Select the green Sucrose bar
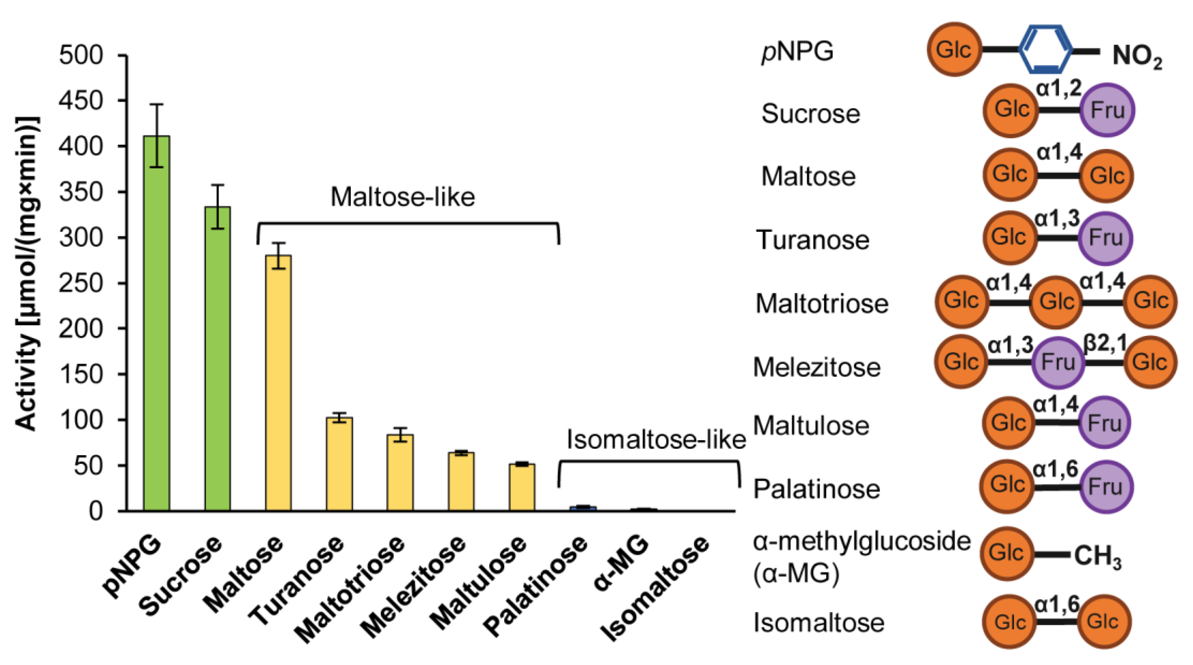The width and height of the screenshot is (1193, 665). click(x=217, y=358)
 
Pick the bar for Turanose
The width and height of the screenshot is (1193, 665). click(x=339, y=463)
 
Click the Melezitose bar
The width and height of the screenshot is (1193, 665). click(x=461, y=481)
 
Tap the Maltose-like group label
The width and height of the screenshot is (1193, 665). click(x=402, y=197)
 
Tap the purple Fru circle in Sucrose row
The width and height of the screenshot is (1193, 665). click(x=1107, y=110)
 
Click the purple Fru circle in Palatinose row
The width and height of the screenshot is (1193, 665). click(x=1105, y=486)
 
